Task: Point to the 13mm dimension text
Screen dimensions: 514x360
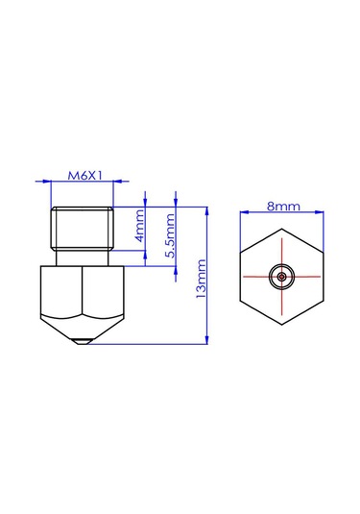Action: [201, 279]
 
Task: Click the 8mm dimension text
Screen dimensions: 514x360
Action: [282, 207]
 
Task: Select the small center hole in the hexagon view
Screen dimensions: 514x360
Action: [282, 276]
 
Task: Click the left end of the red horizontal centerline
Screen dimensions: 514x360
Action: [246, 276]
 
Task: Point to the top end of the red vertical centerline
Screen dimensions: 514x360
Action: [282, 240]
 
